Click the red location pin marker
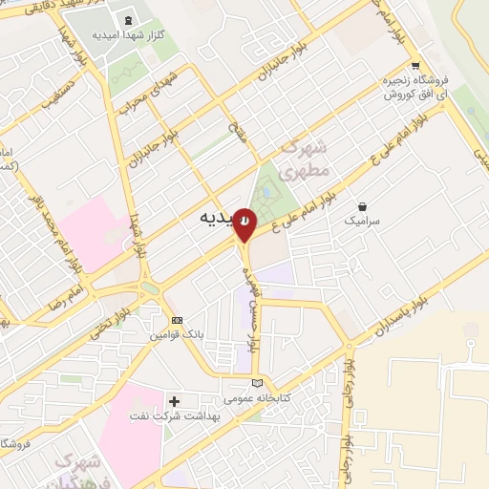245,223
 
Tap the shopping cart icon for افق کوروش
414,66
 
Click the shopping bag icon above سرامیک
362,206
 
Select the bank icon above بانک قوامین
176,320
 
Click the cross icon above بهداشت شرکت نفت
174,400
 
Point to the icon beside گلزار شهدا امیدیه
128,20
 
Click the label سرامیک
363,221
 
